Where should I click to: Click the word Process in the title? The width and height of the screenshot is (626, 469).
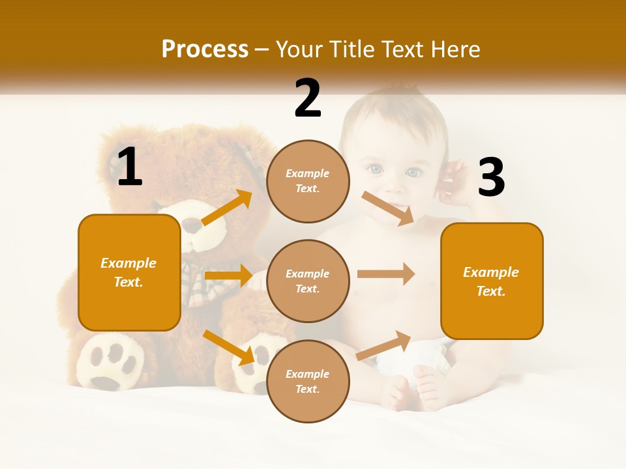205,50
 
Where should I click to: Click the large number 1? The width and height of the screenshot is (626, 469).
130,167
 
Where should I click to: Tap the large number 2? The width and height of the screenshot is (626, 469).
308,98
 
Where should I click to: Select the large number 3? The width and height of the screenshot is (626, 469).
491,177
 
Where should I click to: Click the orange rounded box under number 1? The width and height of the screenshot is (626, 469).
129,272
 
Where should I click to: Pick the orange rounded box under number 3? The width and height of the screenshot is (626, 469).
492,281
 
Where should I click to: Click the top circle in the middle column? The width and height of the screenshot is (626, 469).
308,181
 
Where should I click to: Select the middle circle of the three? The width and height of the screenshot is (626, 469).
308,281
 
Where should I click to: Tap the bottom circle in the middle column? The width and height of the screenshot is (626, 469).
308,381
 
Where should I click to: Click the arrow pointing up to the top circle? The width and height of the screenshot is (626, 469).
227,208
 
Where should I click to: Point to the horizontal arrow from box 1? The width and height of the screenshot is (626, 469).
228,276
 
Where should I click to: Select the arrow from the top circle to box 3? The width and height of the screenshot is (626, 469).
388,208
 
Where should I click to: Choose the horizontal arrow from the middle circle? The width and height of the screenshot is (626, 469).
386,274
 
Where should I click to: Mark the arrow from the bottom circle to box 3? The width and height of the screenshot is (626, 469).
384,345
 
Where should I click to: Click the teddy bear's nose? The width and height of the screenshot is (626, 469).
190,225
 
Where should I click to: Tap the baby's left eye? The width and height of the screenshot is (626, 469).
374,170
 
